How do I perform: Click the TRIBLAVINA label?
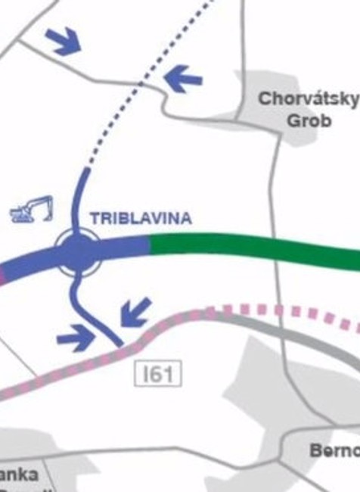coord(141,218)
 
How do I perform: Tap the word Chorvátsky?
coord(308,99)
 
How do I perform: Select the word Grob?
coord(309,120)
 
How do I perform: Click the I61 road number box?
coord(158,373)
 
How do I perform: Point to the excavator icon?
coord(32,210)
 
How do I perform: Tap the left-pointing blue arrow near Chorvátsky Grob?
coord(183,78)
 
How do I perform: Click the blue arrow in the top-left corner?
coord(63,40)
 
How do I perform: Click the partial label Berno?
coord(334,450)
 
